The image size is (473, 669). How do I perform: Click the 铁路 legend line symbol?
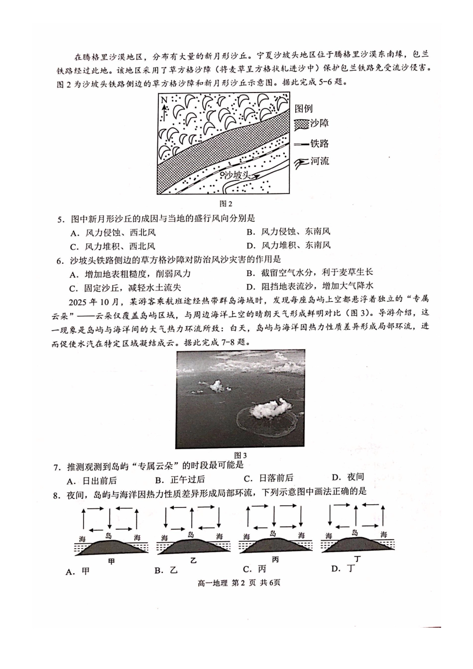301,144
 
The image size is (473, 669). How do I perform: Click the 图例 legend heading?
304,108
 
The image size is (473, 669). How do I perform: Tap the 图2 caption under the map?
226,203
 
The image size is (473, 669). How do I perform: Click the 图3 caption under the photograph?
240,455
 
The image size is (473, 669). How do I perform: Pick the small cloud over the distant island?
216,385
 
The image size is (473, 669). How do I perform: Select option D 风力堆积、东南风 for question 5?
289,245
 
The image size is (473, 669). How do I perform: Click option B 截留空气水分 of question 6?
309,273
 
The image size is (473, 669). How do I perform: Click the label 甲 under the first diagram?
112,561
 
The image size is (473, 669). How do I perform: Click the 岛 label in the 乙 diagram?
191,535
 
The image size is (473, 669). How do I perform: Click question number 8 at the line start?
56,494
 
